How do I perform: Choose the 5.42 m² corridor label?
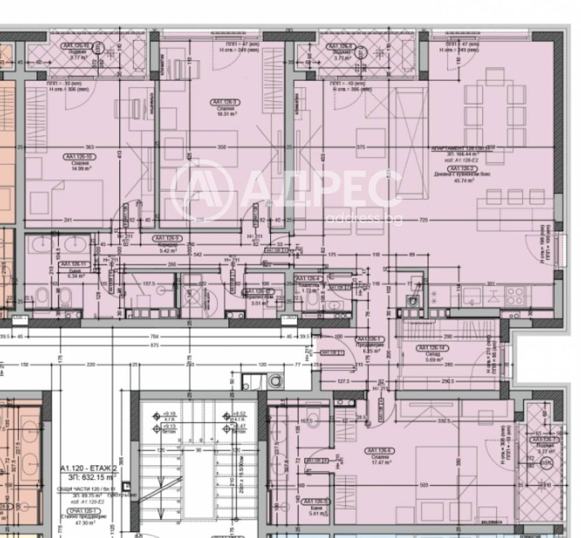(x=166, y=249)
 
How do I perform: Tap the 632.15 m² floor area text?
(x=85, y=478)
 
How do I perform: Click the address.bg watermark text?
(x=364, y=217)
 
